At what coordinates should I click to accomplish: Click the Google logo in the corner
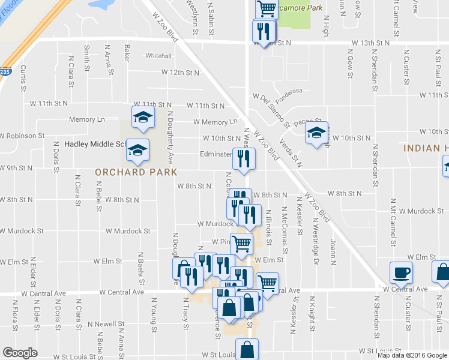(20, 353)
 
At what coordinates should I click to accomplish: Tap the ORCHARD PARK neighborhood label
(136, 172)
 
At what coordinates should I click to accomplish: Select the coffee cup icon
(402, 273)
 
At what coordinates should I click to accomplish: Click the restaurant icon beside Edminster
(244, 158)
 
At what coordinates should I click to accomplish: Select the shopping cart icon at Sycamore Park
(266, 9)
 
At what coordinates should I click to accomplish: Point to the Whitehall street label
(158, 56)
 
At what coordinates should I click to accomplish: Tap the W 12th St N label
(179, 73)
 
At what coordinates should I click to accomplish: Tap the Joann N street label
(334, 251)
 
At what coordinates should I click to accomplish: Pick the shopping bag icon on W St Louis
(247, 349)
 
